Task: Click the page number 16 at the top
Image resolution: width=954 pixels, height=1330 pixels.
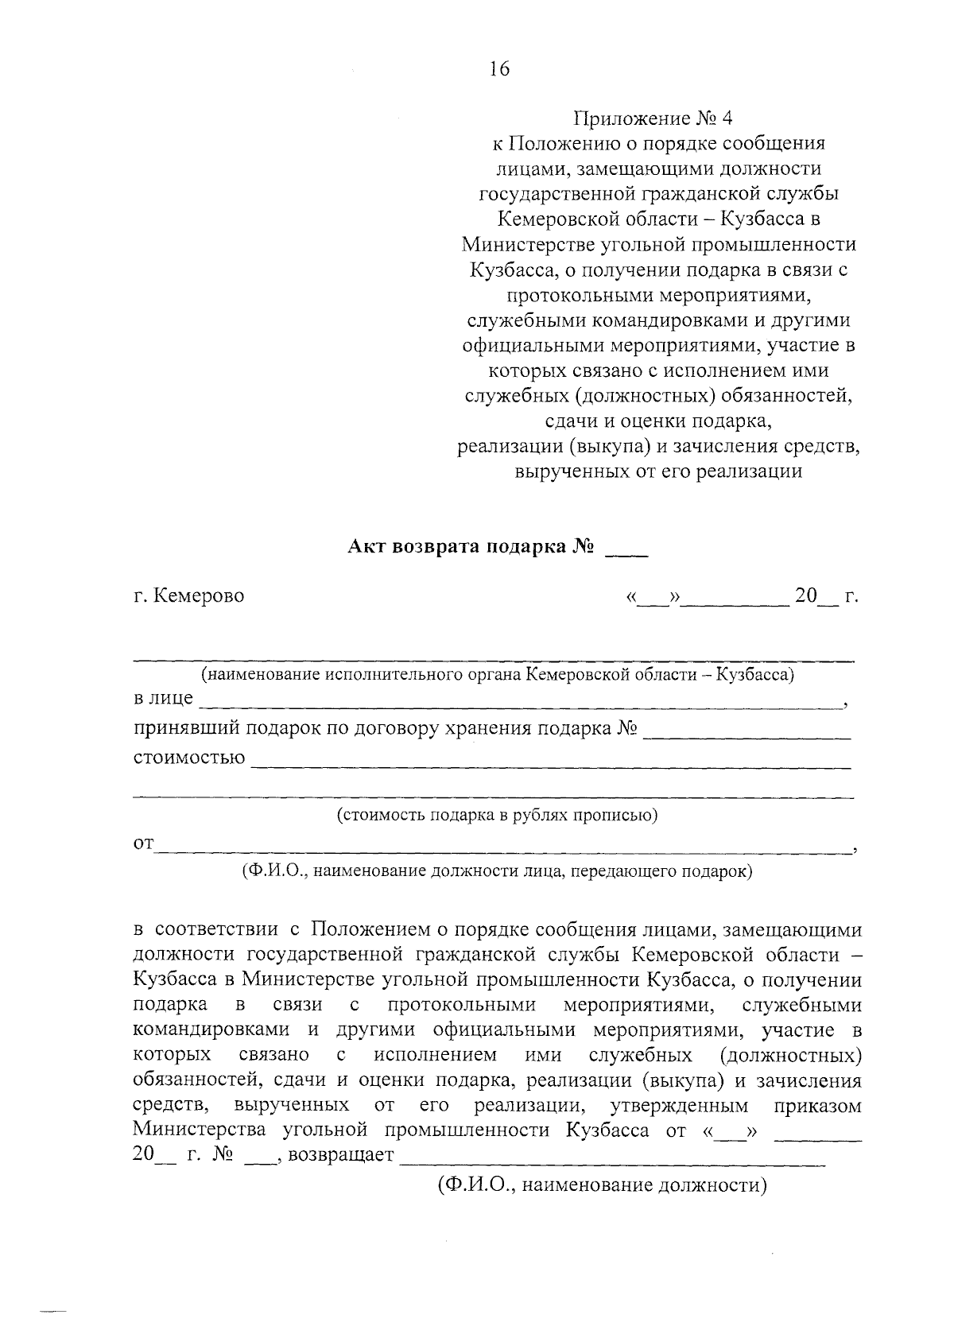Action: point(498,70)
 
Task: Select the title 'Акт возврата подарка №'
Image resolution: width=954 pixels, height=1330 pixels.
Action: point(472,547)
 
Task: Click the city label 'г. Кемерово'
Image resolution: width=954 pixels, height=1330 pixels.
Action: point(188,595)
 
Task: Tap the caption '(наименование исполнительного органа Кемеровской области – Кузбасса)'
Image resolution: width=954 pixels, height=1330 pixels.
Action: point(498,675)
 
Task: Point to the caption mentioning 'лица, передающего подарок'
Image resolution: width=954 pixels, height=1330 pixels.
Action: point(497,871)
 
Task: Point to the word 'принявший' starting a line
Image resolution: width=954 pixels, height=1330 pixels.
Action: point(185,729)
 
